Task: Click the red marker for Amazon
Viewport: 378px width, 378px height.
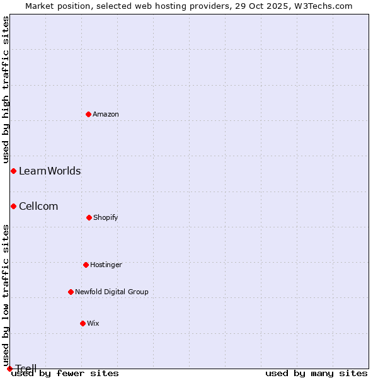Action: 89,114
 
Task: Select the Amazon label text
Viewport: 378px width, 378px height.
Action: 106,114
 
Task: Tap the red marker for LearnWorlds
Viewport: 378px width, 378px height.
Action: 13,171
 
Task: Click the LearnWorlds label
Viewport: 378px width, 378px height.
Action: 50,171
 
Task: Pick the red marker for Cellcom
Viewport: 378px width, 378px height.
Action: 13,206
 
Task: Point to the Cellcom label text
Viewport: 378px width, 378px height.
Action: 38,206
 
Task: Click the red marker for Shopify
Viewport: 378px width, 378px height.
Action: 89,217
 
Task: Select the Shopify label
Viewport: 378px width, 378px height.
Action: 106,217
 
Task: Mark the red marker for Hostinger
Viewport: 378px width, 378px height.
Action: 86,265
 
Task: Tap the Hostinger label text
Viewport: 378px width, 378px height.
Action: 106,265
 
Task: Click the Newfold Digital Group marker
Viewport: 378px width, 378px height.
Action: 71,292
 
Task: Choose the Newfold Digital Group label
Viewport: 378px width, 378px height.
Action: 112,292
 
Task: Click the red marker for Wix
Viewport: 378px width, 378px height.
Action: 83,323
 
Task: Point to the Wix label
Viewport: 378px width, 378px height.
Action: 93,323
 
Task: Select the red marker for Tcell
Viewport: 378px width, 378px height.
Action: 9,369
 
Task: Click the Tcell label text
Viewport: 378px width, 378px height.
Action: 26,369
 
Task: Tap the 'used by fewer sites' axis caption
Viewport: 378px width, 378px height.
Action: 65,373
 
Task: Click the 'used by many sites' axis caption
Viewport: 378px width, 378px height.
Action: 316,373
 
